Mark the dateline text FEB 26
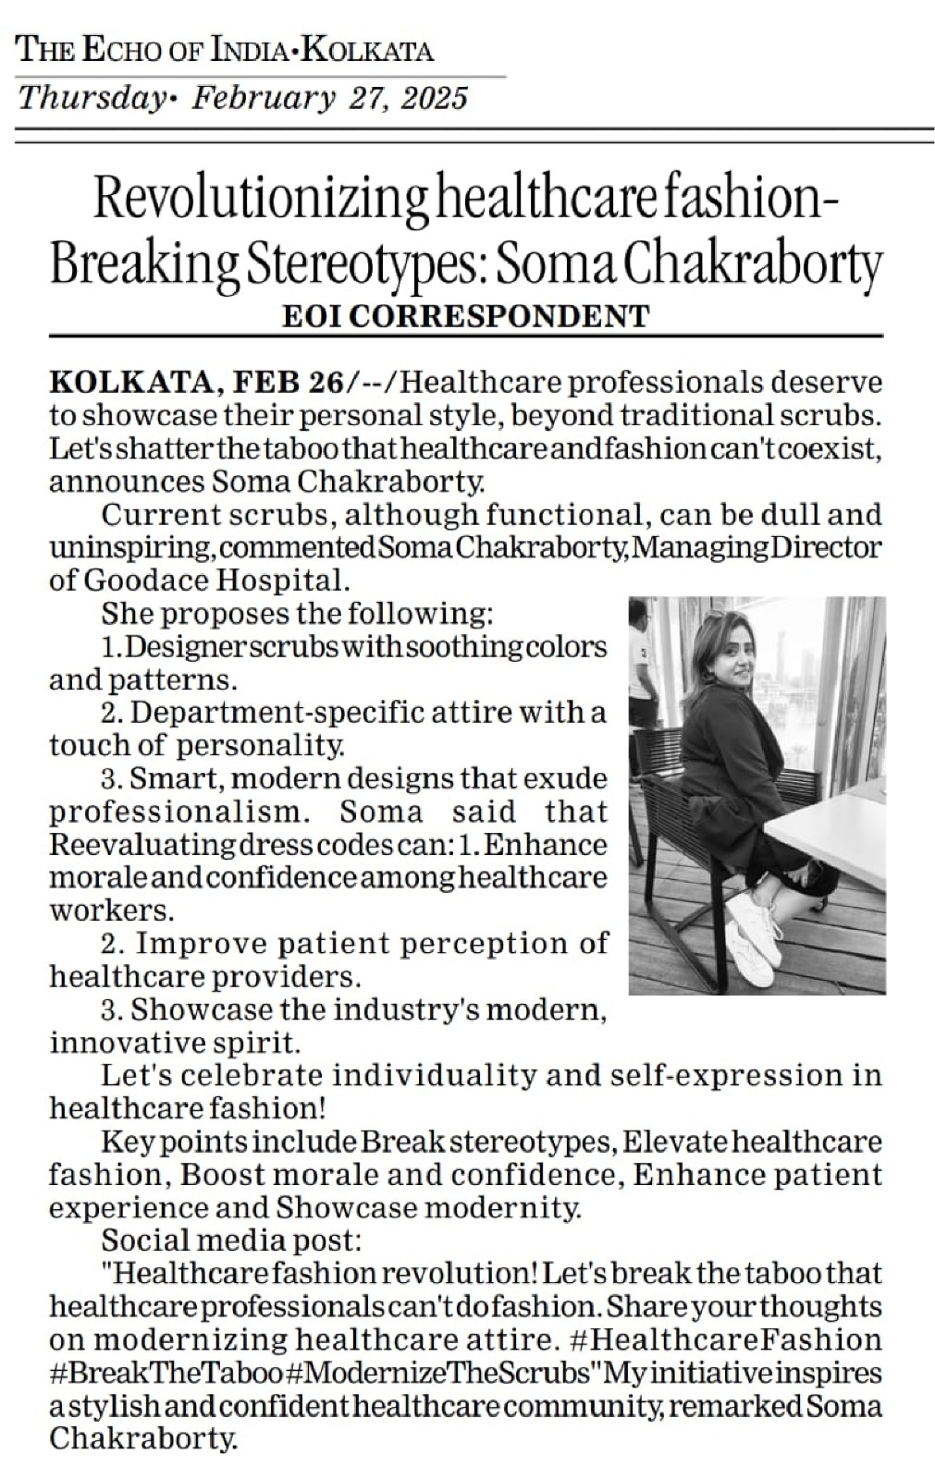point(286,381)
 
